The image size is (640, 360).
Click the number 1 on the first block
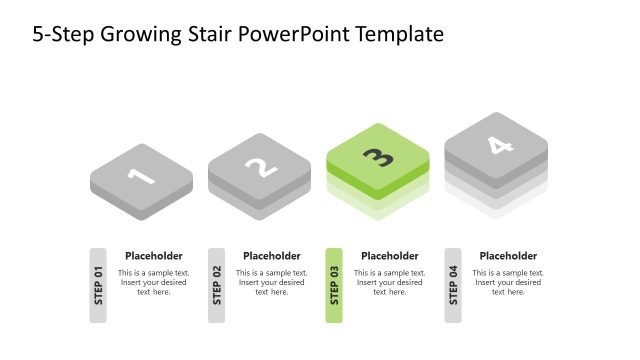click(x=141, y=176)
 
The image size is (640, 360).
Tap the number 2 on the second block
click(x=259, y=166)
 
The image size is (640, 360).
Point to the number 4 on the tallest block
click(x=496, y=145)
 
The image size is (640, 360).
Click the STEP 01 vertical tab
click(x=98, y=285)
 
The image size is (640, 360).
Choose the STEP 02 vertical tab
click(x=216, y=285)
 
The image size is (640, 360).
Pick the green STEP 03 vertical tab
click(x=334, y=285)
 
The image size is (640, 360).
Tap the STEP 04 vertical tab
click(x=453, y=285)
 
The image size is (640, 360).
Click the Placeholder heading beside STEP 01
click(x=154, y=256)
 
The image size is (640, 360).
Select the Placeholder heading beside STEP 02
click(x=272, y=256)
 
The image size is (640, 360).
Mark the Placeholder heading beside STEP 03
click(x=390, y=256)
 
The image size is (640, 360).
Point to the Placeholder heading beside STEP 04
click(x=508, y=256)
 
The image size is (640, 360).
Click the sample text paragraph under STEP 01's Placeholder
click(x=154, y=282)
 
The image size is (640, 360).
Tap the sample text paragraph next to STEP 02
click(x=272, y=282)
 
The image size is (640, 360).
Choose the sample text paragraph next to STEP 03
click(x=390, y=282)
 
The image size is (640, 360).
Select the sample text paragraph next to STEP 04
click(x=508, y=282)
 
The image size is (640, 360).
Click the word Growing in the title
click(x=138, y=35)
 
